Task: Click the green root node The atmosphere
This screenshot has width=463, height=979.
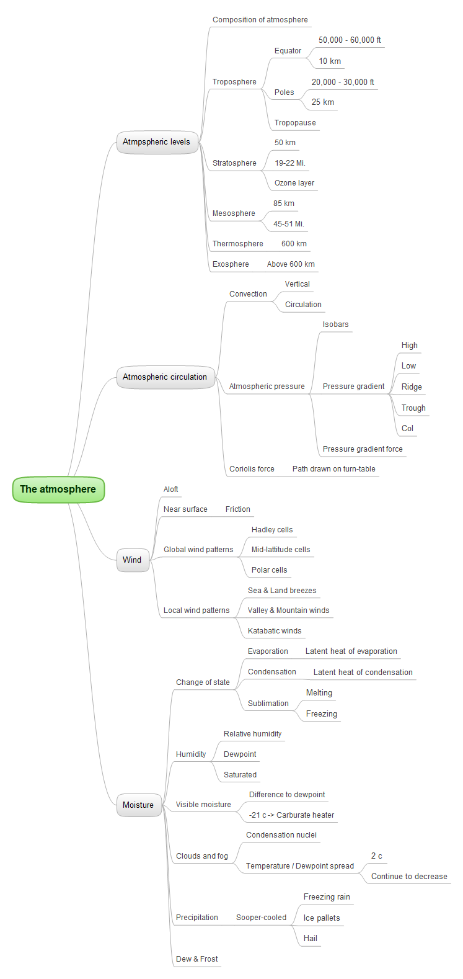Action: tap(58, 489)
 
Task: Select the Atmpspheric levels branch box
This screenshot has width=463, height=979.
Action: tap(157, 142)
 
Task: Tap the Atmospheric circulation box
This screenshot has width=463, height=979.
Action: tap(165, 377)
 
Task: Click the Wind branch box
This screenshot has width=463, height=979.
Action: tap(132, 560)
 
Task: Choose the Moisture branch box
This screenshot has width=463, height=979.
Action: tap(138, 805)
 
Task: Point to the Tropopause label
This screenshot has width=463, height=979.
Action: tap(295, 123)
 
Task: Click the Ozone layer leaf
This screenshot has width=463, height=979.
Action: tap(294, 183)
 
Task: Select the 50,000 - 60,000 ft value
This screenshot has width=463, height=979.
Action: tap(350, 40)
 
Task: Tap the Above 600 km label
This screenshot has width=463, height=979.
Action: tap(291, 264)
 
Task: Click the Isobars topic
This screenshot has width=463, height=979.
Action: tap(335, 324)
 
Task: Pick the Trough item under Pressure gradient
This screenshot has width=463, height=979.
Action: tap(413, 408)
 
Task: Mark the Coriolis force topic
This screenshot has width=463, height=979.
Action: tap(252, 469)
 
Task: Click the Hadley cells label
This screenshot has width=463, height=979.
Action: tap(272, 530)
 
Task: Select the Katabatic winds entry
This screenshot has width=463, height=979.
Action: tap(275, 631)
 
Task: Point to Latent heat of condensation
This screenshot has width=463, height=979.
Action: tap(363, 673)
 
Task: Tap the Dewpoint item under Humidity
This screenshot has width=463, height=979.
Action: tap(240, 754)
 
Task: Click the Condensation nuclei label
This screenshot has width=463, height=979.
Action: tap(281, 835)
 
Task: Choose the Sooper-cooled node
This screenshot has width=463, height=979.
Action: tap(261, 918)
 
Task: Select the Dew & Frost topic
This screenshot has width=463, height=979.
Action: tap(197, 959)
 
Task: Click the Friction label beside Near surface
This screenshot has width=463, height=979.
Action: tap(238, 509)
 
